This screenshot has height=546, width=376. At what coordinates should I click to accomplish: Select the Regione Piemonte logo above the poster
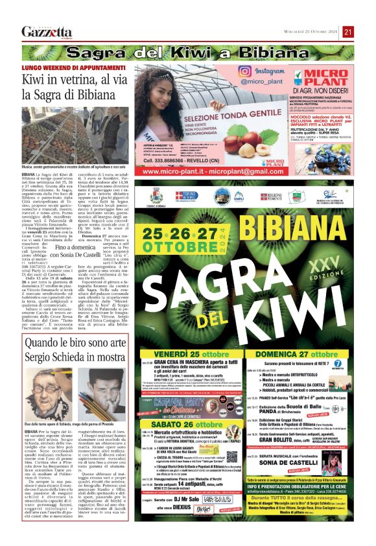[x=271, y=196]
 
